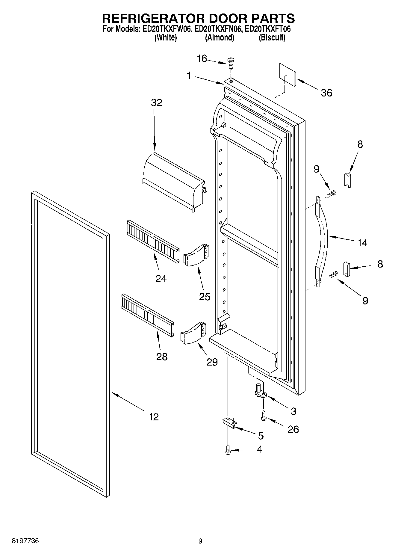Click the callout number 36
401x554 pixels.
tap(326, 93)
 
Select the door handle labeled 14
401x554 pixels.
tap(322, 240)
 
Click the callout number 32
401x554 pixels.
tap(156, 103)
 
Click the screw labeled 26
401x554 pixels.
tap(264, 416)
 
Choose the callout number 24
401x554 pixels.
tap(161, 279)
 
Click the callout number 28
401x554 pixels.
tap(162, 357)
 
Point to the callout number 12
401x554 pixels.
tap(154, 417)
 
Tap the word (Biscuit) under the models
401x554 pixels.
tap(272, 38)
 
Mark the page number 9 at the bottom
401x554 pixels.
tap(200, 541)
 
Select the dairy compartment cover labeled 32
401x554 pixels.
tap(174, 181)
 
